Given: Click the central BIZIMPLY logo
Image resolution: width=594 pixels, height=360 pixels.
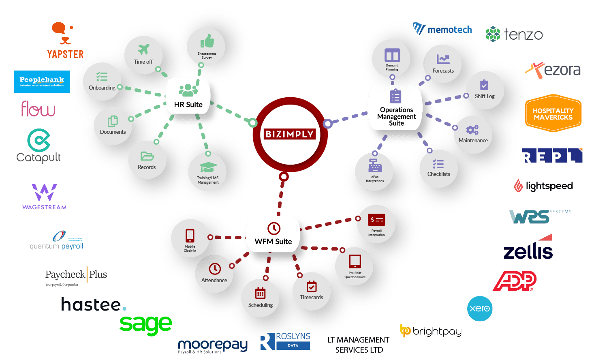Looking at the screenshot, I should (x=290, y=134).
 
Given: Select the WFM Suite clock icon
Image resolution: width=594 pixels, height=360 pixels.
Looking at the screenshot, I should (x=274, y=228).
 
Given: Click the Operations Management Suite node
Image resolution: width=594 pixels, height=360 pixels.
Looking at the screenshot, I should (x=396, y=108).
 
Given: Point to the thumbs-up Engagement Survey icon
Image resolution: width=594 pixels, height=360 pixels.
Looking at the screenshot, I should (x=207, y=41).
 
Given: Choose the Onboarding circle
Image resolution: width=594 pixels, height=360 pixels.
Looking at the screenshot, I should (x=102, y=81).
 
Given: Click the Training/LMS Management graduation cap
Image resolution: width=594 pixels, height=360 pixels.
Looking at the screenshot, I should (x=208, y=167).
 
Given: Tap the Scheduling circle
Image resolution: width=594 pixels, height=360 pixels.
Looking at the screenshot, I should (x=261, y=298).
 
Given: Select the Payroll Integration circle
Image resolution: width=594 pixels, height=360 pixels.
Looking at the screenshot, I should (x=376, y=224).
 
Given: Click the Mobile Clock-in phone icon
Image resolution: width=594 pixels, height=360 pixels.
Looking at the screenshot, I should (x=190, y=236).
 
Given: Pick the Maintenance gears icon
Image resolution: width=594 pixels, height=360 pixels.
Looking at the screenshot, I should (x=472, y=130).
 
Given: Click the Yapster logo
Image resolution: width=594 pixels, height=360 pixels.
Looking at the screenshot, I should (x=65, y=41).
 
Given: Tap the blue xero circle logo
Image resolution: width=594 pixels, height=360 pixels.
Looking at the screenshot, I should (x=480, y=309).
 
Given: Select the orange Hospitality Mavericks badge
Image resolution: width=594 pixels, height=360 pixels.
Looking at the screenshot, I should (x=553, y=114).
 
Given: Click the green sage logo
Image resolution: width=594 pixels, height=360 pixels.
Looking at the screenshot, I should (x=145, y=325).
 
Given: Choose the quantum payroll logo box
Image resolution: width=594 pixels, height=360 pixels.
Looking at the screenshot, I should (x=58, y=241).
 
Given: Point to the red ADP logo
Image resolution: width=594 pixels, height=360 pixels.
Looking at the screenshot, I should (x=515, y=281).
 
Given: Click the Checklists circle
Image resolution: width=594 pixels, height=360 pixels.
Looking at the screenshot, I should (x=438, y=168).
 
